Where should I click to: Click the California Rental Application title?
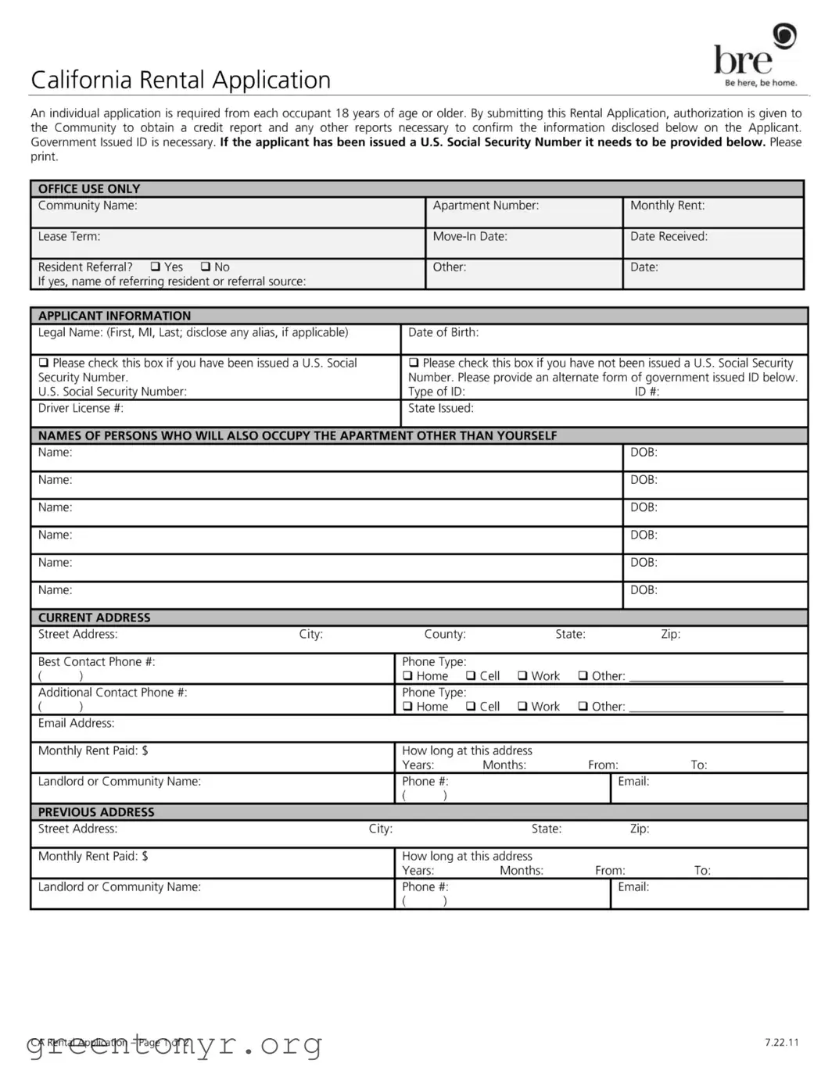(x=181, y=80)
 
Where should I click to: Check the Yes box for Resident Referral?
(x=155, y=267)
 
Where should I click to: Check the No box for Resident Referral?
(x=206, y=267)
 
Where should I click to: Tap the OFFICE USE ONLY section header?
(x=89, y=188)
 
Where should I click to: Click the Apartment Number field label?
(x=486, y=206)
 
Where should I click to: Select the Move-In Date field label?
(x=470, y=236)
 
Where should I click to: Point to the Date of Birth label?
(x=443, y=332)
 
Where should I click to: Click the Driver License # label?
(x=81, y=408)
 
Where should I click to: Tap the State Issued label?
(x=440, y=408)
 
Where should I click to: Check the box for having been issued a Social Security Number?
(x=44, y=363)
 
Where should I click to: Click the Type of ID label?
(x=436, y=392)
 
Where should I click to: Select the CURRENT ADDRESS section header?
(x=94, y=618)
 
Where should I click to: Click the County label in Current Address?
(x=445, y=634)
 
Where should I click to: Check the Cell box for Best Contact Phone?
(x=471, y=676)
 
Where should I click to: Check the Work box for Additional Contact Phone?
(x=522, y=707)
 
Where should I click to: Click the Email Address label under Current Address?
(x=76, y=723)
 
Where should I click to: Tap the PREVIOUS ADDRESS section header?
(x=96, y=812)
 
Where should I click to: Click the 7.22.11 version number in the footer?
(x=781, y=1042)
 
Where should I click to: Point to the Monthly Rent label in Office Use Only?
(x=667, y=206)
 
